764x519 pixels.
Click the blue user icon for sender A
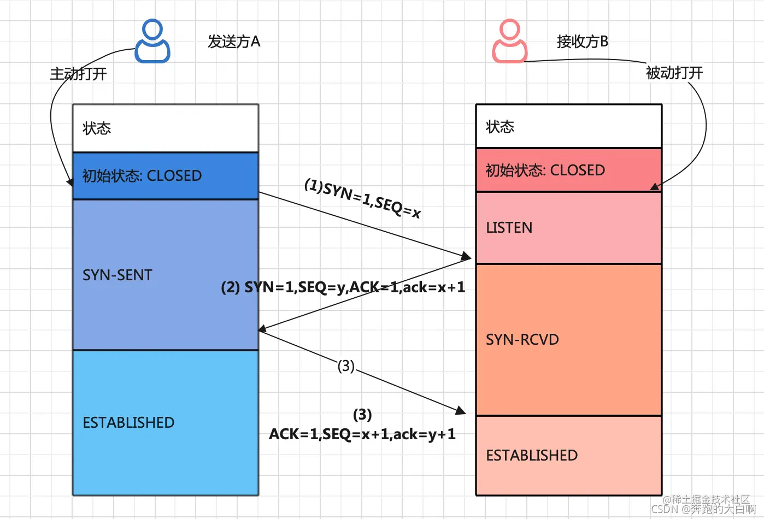[x=152, y=42]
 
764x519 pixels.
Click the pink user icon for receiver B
[x=509, y=42]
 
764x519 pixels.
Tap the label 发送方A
[x=234, y=42]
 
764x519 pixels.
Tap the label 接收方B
[x=582, y=42]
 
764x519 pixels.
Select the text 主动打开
[x=78, y=74]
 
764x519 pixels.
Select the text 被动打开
[x=674, y=73]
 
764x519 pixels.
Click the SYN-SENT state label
[x=117, y=275]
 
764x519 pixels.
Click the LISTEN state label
[x=509, y=227]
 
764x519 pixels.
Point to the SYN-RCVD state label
[x=522, y=339]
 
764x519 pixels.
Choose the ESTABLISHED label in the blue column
[x=128, y=422]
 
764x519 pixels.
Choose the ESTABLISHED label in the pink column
[x=531, y=455]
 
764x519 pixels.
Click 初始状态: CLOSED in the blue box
[x=142, y=175]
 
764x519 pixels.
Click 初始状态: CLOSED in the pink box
[x=545, y=170]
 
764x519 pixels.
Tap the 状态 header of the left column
[x=97, y=128]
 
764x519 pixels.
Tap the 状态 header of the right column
[x=499, y=127]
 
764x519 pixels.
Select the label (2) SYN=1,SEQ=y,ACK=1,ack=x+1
[x=343, y=287]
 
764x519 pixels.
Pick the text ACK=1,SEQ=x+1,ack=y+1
[x=362, y=434]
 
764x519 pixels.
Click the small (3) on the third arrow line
[x=346, y=365]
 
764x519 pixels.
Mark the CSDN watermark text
[x=703, y=509]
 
